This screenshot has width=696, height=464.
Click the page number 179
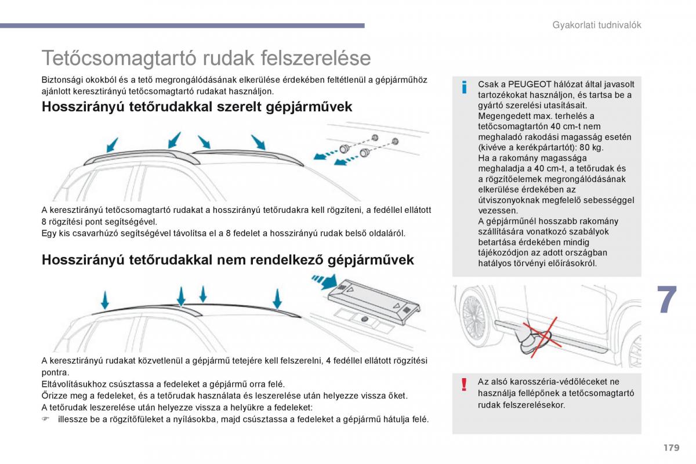coord(672,448)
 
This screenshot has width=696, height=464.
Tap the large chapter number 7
coord(667,299)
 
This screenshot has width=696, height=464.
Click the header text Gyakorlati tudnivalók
coord(597,25)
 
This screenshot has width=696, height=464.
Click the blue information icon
coord(464,87)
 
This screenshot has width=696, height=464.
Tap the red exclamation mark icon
coord(464,385)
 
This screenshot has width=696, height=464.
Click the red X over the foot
coord(542,336)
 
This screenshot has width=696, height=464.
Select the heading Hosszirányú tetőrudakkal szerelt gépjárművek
coord(197,107)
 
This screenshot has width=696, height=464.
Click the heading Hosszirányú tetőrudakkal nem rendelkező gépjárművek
coord(228,260)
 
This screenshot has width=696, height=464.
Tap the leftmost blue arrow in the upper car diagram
coord(112,145)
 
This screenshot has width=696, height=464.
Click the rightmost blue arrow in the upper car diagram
coord(259,142)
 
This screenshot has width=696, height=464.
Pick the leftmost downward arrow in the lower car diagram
coord(105,300)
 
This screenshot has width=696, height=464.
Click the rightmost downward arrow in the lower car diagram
coord(277,299)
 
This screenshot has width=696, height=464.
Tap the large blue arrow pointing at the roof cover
coord(325,281)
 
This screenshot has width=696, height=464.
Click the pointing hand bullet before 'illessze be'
coord(46,419)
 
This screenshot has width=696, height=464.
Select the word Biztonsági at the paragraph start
coord(62,80)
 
